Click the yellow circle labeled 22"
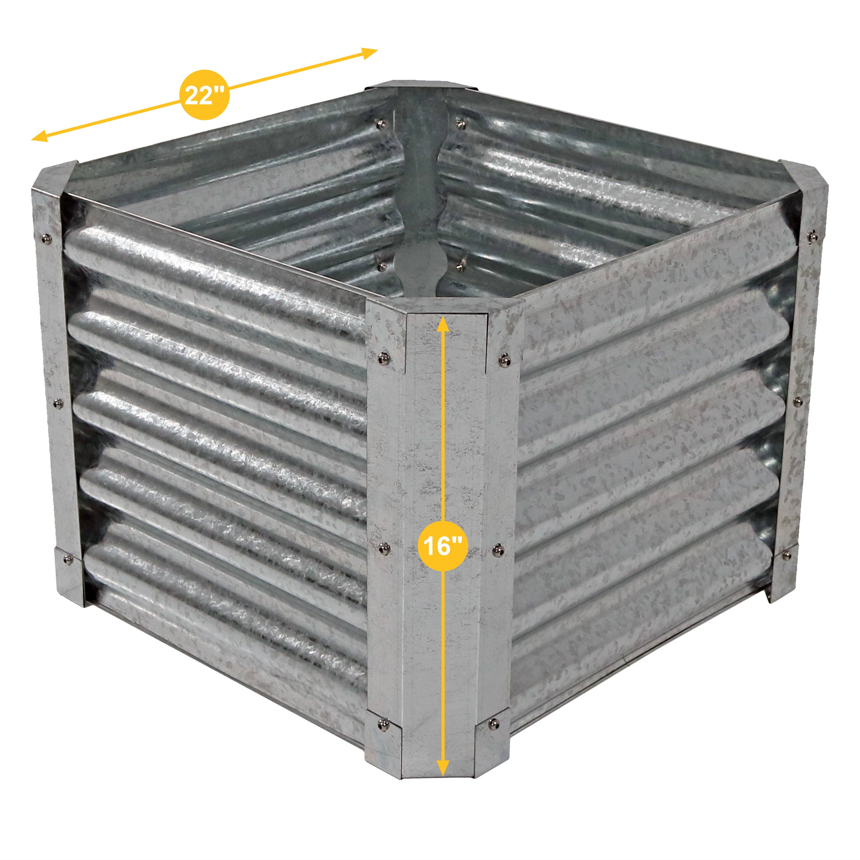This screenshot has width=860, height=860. coord(204,95)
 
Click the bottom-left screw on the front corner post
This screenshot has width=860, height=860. coord(382,725)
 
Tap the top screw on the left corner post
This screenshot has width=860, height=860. coord(46,240)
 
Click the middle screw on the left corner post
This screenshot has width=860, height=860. coord(58,404)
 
